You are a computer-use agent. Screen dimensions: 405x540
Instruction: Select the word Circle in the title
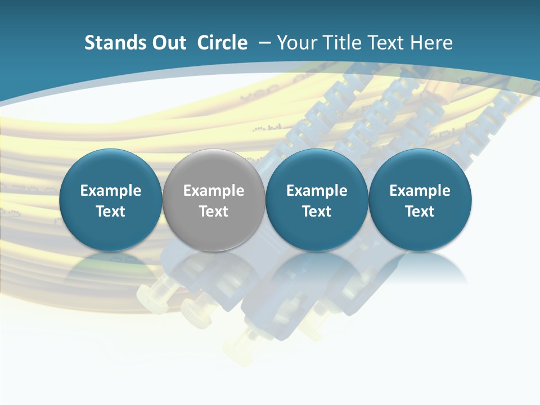pyautogui.click(x=222, y=43)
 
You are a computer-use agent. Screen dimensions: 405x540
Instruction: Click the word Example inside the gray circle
pyautogui.click(x=214, y=191)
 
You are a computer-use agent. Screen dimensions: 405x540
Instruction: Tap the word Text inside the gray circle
pyautogui.click(x=214, y=211)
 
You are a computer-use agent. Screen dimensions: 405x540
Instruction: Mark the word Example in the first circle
pyautogui.click(x=111, y=191)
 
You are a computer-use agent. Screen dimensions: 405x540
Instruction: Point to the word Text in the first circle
pyautogui.click(x=111, y=211)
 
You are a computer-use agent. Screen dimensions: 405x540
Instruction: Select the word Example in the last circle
pyautogui.click(x=420, y=191)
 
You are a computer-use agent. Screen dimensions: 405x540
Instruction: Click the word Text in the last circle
pyautogui.click(x=420, y=211)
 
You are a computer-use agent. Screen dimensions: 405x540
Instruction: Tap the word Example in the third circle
pyautogui.click(x=317, y=191)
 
